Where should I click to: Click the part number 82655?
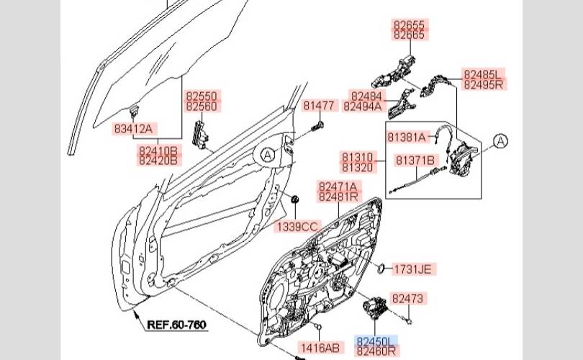(x=409, y=25)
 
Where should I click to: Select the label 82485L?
(x=482, y=74)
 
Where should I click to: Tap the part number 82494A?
(x=363, y=107)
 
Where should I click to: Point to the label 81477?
(x=319, y=106)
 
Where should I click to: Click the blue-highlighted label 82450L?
(x=375, y=341)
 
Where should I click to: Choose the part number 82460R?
(x=376, y=351)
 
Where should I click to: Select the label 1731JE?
(x=412, y=269)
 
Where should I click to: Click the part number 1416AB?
(x=320, y=348)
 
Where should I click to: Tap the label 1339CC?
(x=297, y=227)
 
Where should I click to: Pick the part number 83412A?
(x=133, y=129)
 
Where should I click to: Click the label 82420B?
(x=158, y=161)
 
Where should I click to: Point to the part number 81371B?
(x=415, y=161)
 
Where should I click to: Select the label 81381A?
(x=407, y=138)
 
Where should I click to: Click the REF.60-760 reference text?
(x=176, y=325)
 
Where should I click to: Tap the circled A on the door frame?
(x=267, y=155)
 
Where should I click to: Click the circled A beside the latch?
(x=500, y=141)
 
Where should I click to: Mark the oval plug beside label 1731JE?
(x=381, y=268)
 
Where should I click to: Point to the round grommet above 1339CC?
(x=295, y=199)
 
